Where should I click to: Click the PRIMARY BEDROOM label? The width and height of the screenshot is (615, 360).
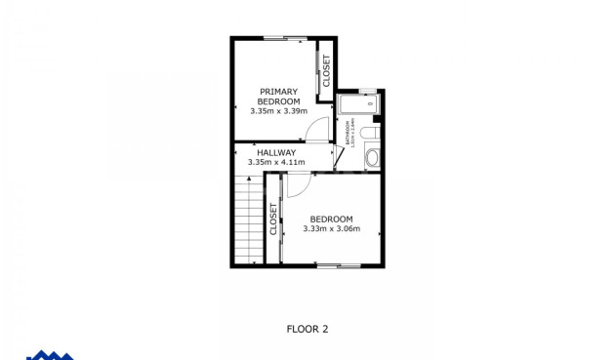coord(278,97)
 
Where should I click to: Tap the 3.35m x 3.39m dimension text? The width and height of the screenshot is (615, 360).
coord(278,111)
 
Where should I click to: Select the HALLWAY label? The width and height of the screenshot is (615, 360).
coord(276,152)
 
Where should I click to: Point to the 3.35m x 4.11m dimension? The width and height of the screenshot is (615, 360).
coord(276,162)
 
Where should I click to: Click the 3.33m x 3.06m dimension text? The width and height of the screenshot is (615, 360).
coord(331,229)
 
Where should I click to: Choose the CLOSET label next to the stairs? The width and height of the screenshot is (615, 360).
coord(272,219)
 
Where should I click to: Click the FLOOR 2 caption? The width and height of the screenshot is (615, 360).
coord(307,329)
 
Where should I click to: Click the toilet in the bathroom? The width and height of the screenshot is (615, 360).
coord(368,133)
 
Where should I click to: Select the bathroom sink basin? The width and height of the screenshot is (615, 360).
coord(371,157)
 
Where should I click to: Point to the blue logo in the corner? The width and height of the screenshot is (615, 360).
coord(49,355)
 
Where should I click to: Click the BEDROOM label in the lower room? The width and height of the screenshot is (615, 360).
coord(331,219)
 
